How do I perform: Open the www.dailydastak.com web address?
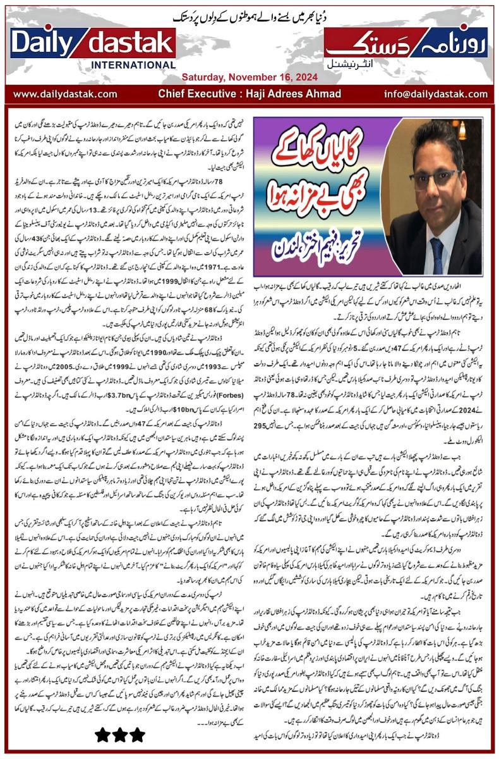coord(65,94)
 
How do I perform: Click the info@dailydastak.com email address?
coord(434,94)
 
